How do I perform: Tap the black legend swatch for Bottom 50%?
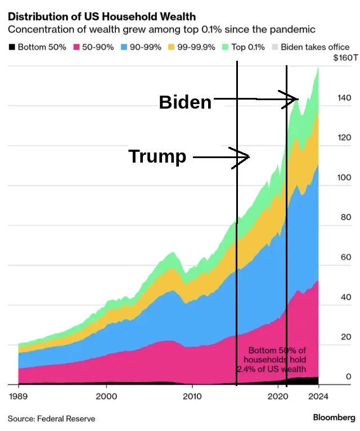point(11,47)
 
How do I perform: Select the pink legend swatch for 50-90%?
point(76,47)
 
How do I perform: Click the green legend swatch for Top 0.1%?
point(226,47)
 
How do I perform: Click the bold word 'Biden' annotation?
point(185,102)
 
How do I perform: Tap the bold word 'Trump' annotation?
point(157,156)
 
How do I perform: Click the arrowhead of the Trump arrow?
point(246,158)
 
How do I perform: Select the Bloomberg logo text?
point(334,417)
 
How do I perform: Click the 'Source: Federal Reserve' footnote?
point(51,419)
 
